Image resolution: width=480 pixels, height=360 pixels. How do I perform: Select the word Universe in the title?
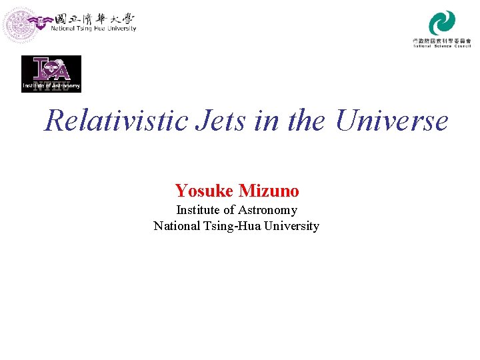[392, 121]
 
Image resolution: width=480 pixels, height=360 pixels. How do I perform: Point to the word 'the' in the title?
[307, 121]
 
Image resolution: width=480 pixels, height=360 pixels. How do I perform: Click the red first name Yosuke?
[204, 191]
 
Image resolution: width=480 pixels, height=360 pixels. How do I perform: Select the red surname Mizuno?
[269, 191]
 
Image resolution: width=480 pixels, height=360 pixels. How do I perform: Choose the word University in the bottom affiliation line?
[291, 225]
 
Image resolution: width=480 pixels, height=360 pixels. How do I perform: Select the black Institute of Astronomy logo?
[51, 73]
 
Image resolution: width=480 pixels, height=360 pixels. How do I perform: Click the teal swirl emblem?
[442, 23]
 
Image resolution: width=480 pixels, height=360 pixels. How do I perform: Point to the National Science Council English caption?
[442, 46]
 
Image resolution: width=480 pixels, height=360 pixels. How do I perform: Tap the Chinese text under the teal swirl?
[442, 41]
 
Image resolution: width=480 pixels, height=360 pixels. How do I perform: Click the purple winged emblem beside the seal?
[45, 22]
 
